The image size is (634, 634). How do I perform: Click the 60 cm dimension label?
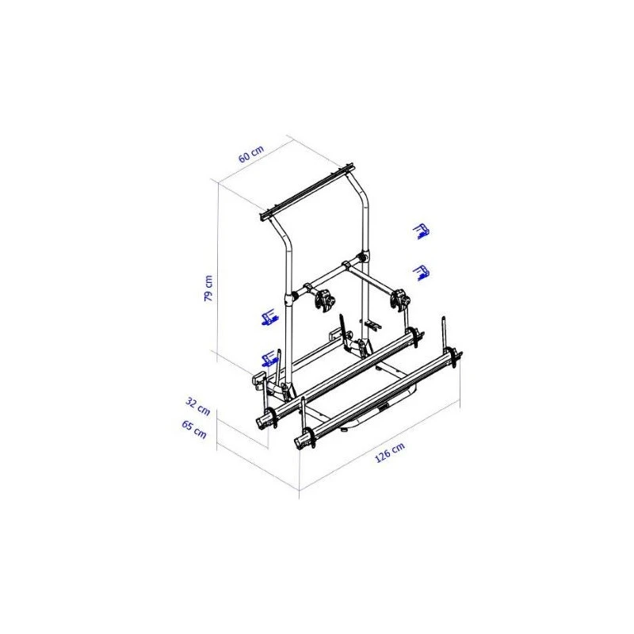tap(251, 154)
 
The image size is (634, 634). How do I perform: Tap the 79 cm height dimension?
tap(208, 288)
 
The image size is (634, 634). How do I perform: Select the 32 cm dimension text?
tap(197, 407)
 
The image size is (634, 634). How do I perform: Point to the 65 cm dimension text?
tap(194, 430)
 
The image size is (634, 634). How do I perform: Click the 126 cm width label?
tap(390, 452)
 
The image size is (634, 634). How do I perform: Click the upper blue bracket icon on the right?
tap(422, 231)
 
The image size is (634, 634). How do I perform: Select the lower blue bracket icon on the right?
tap(421, 273)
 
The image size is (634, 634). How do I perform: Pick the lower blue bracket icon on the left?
tap(269, 358)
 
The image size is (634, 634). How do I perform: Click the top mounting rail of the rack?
tap(307, 192)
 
